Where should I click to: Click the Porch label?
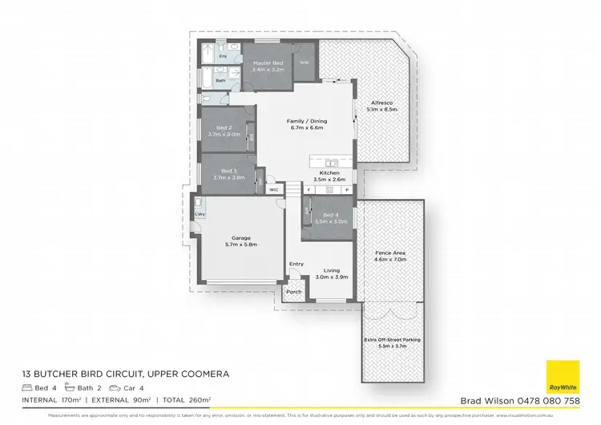294,292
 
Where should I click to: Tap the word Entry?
296,264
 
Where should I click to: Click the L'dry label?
200,215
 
